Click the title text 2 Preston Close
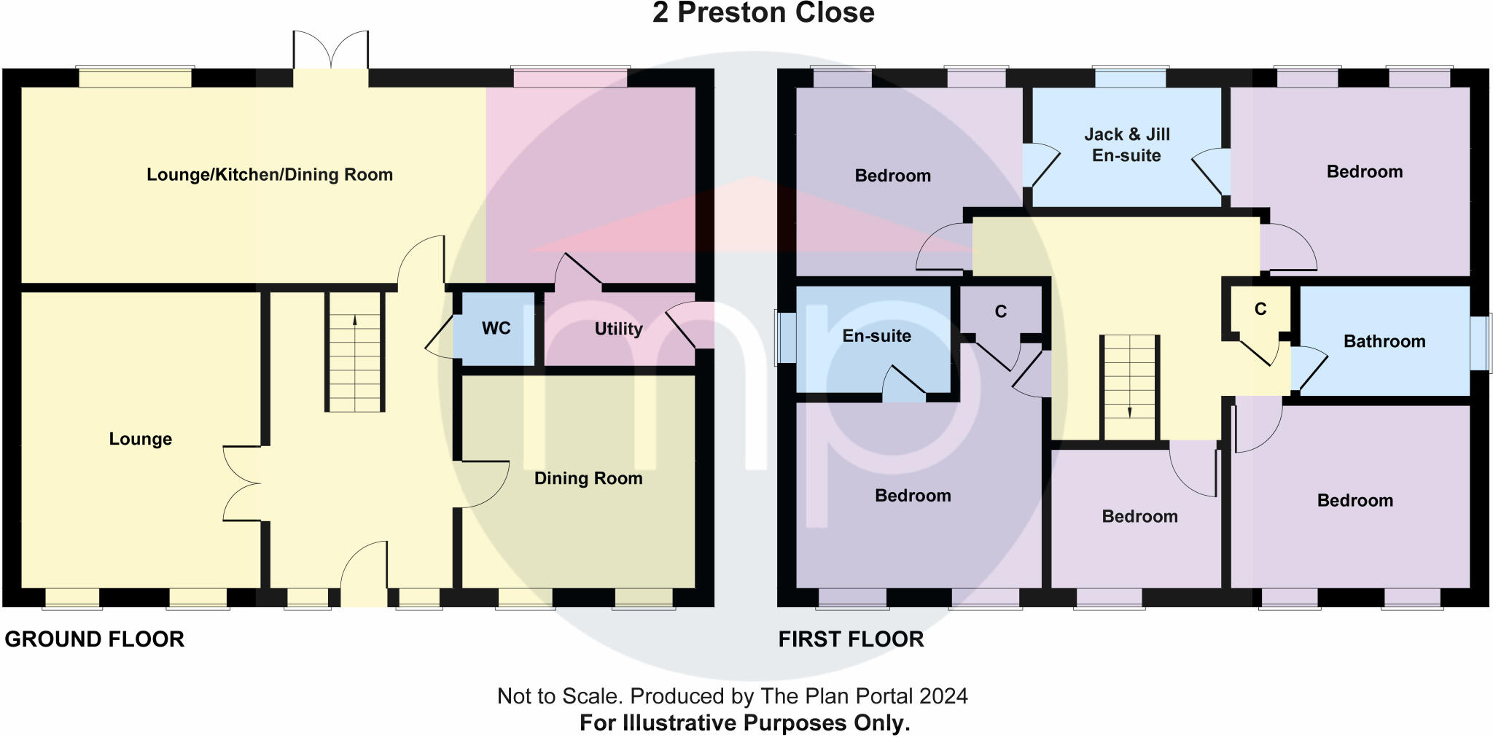click(763, 13)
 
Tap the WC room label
click(496, 328)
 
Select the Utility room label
click(618, 329)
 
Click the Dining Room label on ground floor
click(588, 478)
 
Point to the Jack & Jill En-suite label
click(1126, 144)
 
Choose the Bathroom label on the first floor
click(1384, 341)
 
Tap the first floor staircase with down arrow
click(1129, 387)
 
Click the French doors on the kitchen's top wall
click(331, 51)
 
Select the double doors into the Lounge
click(242, 483)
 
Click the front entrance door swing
click(365, 572)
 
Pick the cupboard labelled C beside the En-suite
click(1000, 311)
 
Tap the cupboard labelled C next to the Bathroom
click(1260, 309)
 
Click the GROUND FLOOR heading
click(94, 639)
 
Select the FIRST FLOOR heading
click(851, 639)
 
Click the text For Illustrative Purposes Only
click(744, 723)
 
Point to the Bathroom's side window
click(1480, 342)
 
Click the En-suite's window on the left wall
click(786, 337)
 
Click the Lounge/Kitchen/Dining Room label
click(270, 175)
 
